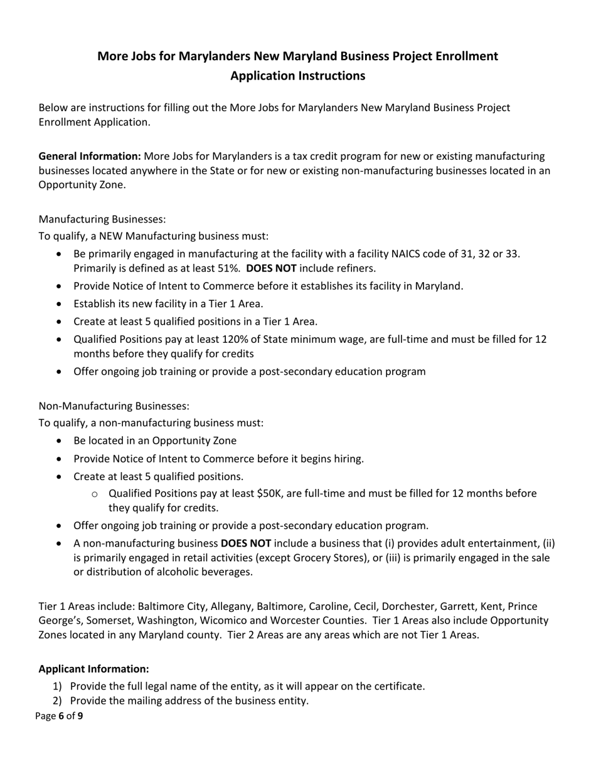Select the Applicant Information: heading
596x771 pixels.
(x=94, y=669)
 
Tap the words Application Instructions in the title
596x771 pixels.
(x=297, y=76)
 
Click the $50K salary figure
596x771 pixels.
(x=271, y=493)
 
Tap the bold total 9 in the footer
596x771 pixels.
(x=80, y=715)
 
